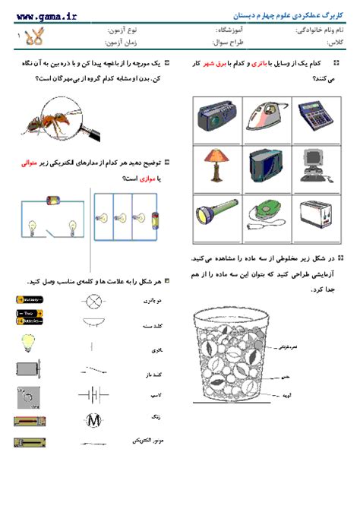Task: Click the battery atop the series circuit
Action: click(54, 201)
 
